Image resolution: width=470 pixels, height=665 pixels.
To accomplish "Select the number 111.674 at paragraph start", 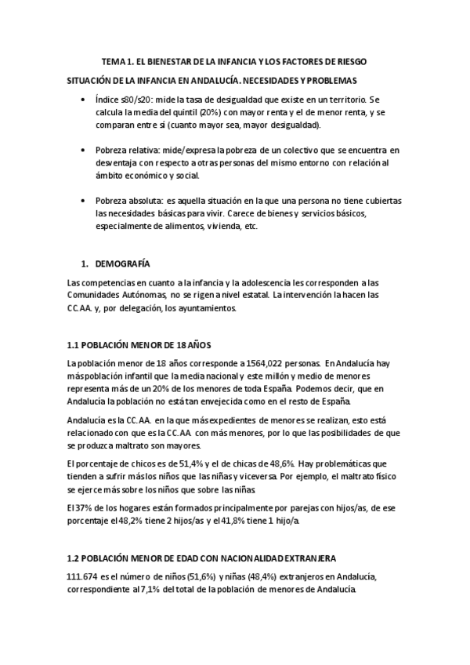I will [84, 577].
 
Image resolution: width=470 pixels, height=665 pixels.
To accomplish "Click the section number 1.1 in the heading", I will [74, 345].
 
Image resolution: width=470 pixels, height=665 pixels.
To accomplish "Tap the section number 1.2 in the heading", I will [74, 558].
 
